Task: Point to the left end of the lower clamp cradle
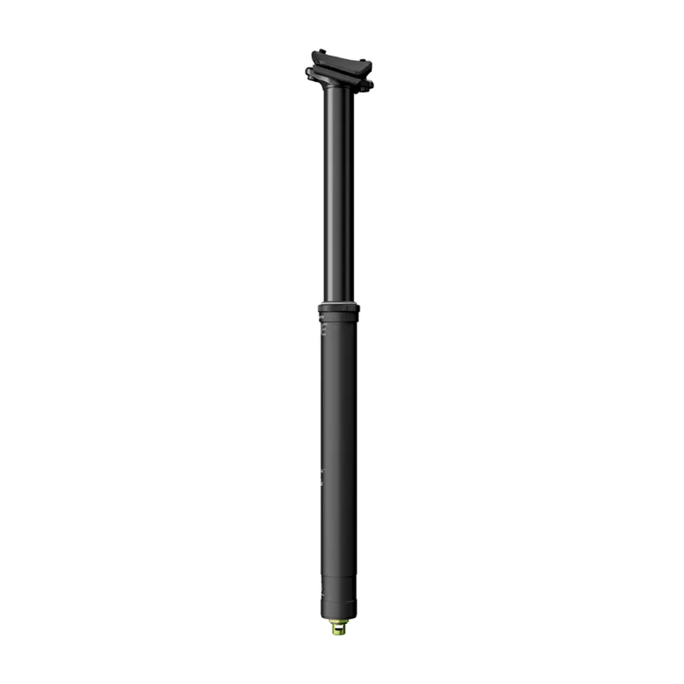pos(310,73)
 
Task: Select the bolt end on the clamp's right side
pos(369,84)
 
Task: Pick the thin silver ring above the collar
pos(339,302)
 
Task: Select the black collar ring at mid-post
pos(339,309)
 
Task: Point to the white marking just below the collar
pos(322,317)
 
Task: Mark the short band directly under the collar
pos(339,318)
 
